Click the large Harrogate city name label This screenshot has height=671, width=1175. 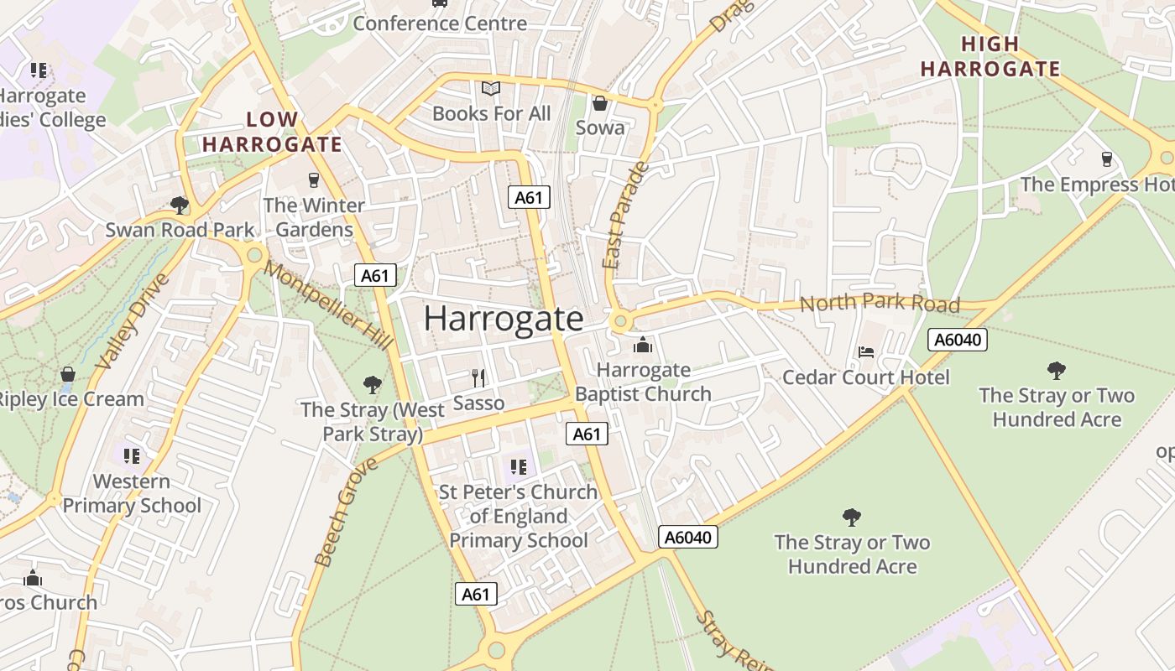pyautogui.click(x=504, y=319)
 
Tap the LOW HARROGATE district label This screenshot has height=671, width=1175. pyautogui.click(x=272, y=132)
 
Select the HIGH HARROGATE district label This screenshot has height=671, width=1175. pyautogui.click(x=990, y=56)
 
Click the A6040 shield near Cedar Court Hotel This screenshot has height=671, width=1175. pyautogui.click(x=958, y=340)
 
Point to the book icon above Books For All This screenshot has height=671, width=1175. pyautogui.click(x=491, y=88)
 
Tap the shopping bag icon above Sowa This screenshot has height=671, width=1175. pyautogui.click(x=600, y=103)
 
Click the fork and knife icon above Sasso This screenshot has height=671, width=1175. pyautogui.click(x=478, y=377)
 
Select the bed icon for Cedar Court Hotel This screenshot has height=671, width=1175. pyautogui.click(x=866, y=352)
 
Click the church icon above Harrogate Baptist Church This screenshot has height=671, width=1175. pyautogui.click(x=643, y=345)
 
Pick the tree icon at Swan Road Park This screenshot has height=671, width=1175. pyautogui.click(x=179, y=205)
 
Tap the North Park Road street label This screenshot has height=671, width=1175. pyautogui.click(x=878, y=303)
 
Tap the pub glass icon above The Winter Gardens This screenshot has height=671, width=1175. pyautogui.click(x=314, y=179)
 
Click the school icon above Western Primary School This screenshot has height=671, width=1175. pyautogui.click(x=131, y=455)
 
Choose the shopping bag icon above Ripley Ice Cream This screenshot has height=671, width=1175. pyautogui.click(x=67, y=374)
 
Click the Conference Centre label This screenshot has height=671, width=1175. pyautogui.click(x=440, y=23)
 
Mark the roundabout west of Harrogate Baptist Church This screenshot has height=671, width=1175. pyautogui.click(x=620, y=320)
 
